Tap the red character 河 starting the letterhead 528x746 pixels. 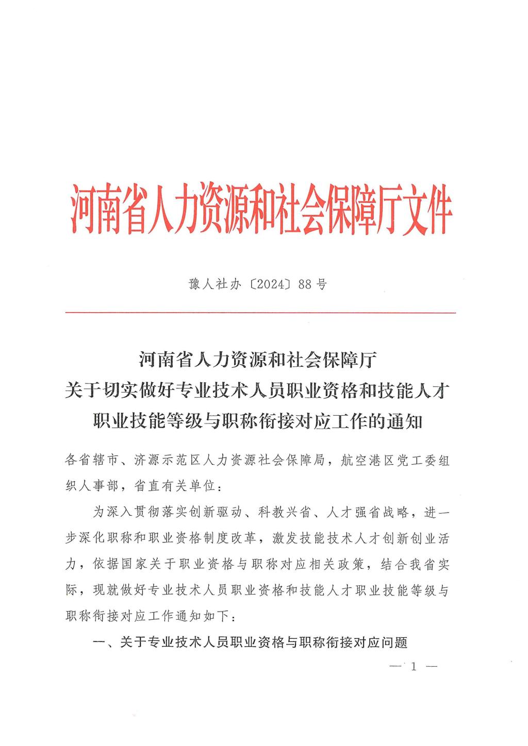pos(85,208)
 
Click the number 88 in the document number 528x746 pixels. pos(304,284)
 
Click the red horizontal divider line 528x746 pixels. pos(260,313)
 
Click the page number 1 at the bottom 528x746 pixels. pos(414,667)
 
